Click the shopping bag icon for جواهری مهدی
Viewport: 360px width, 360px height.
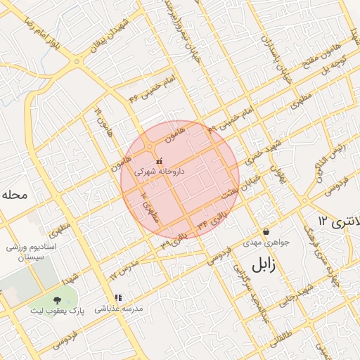[266, 231]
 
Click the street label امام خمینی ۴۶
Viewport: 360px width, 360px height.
[148, 89]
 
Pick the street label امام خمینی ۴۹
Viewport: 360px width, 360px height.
[229, 120]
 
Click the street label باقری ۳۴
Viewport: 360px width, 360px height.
[213, 223]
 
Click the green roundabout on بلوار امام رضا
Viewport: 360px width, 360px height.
[77, 62]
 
